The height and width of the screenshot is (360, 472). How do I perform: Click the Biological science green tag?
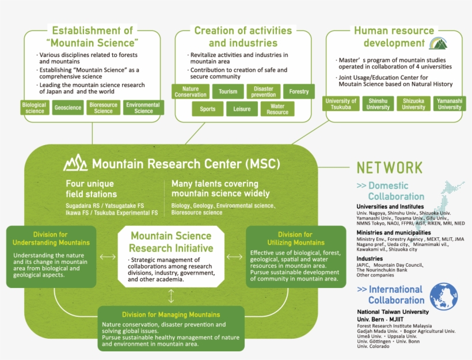(x=35, y=108)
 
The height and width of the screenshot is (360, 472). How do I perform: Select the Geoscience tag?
(x=68, y=108)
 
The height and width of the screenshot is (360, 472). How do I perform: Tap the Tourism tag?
(x=228, y=92)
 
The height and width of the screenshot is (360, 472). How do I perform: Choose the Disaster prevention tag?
(x=264, y=92)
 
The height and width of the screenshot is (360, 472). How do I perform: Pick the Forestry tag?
(x=299, y=92)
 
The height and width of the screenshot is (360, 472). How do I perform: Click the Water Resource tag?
(x=277, y=109)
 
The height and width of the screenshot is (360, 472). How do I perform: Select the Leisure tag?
(x=242, y=109)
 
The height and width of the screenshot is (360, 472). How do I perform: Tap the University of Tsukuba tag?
(x=341, y=104)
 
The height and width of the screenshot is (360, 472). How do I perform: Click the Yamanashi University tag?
(x=449, y=104)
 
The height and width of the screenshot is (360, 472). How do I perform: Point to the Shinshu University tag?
(x=378, y=104)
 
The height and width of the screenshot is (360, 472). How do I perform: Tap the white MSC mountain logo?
(x=75, y=163)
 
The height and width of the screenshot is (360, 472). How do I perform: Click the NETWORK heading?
(x=390, y=168)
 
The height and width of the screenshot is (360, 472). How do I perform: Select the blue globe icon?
(x=444, y=295)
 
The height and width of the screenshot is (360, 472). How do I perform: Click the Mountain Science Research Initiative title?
(x=171, y=242)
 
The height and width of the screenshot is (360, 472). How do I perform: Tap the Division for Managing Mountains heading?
(x=171, y=314)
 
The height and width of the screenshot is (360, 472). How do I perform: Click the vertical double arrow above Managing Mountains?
(x=171, y=296)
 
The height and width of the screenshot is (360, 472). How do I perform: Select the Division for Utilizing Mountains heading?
(x=295, y=238)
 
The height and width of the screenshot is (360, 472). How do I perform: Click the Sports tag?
(x=208, y=109)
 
